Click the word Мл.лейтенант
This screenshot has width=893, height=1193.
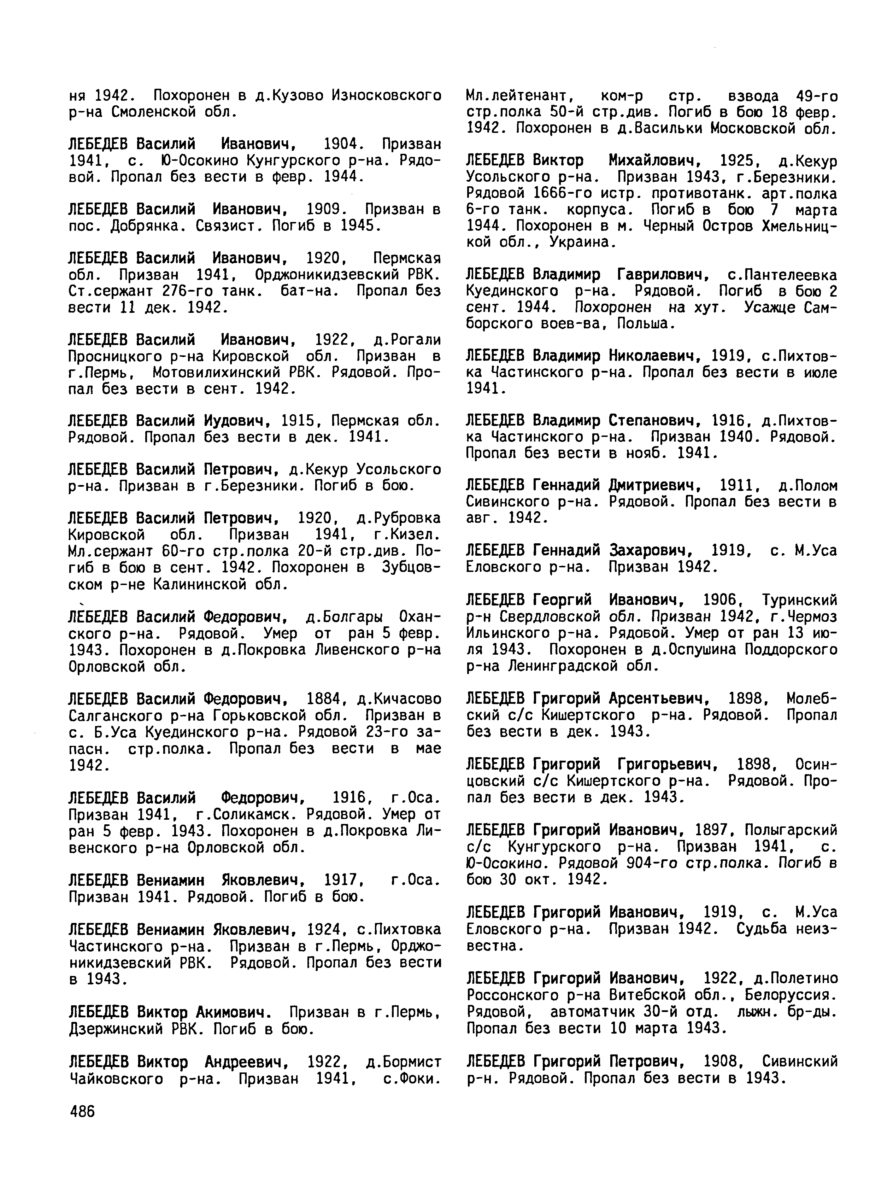[x=513, y=96]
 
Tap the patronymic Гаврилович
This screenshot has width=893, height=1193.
[x=662, y=275]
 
